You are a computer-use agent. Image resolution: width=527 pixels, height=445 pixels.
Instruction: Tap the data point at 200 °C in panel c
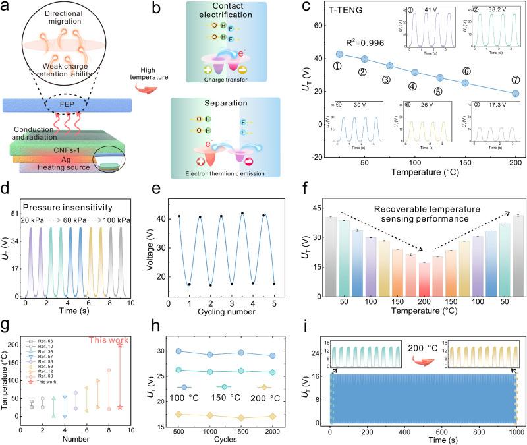pyautogui.click(x=516, y=93)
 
